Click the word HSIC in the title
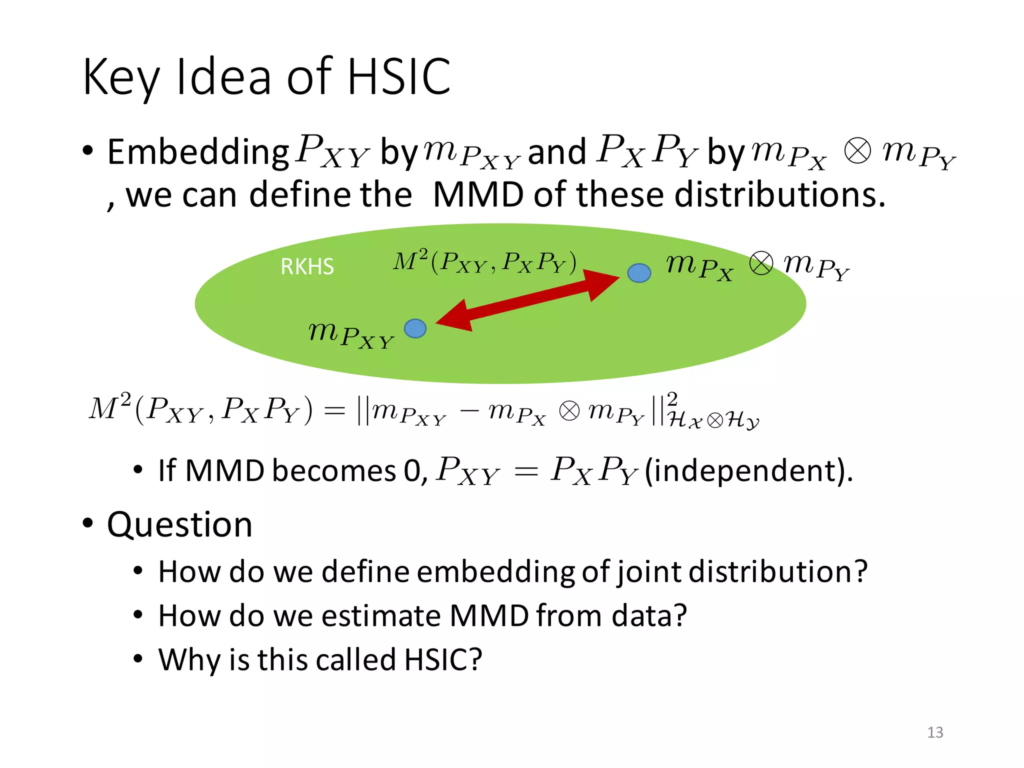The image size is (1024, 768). [399, 76]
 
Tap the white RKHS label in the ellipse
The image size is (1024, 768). [307, 266]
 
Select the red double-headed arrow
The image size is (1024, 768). [527, 300]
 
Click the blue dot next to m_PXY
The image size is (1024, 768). [415, 328]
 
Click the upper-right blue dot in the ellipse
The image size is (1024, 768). [639, 273]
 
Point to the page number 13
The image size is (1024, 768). [935, 732]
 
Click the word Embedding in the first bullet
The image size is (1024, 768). [198, 152]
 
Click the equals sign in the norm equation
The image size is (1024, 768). [334, 411]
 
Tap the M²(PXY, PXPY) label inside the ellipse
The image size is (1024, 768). [484, 262]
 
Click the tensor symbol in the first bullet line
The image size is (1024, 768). [857, 151]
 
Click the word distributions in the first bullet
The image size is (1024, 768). [779, 194]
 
